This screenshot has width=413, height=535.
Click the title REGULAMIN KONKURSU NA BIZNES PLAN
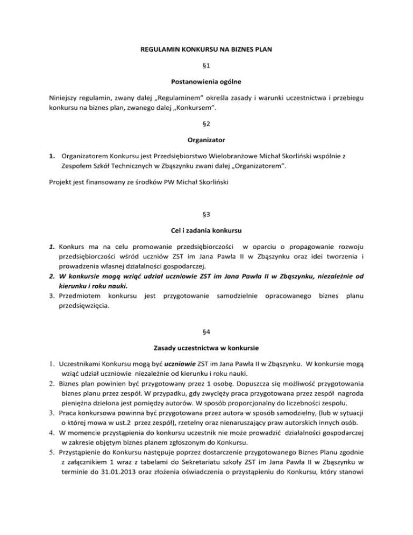(206, 53)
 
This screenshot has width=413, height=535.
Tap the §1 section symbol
(206, 68)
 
